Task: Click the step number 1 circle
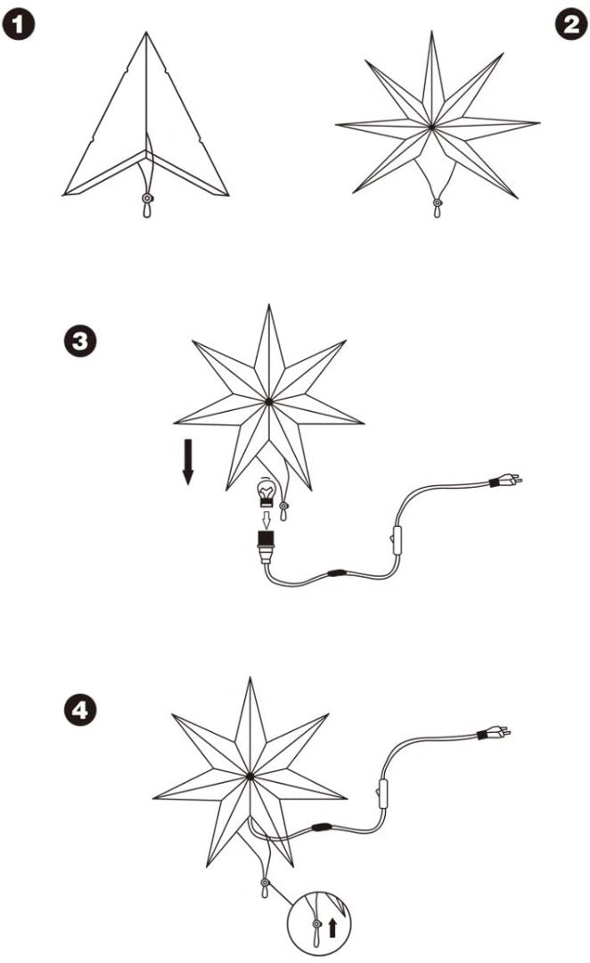(x=18, y=26)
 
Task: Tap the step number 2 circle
(x=570, y=26)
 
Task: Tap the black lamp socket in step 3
(x=264, y=540)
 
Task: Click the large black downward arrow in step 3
(x=187, y=462)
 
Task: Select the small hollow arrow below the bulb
(x=264, y=517)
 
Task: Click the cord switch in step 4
(x=381, y=792)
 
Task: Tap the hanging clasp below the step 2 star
(x=437, y=207)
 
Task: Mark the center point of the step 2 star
(x=432, y=127)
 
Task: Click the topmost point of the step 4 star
(x=250, y=679)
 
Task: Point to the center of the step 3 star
(x=269, y=403)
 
